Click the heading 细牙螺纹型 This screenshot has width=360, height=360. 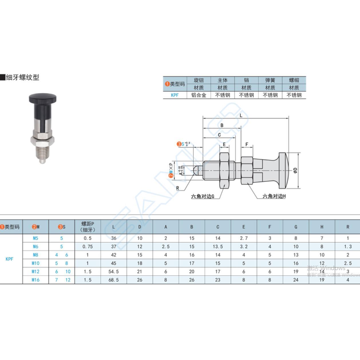(x=22, y=77)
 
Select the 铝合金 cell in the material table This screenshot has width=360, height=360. (x=199, y=95)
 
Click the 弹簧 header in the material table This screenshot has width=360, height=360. (x=270, y=80)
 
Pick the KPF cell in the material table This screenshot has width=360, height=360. (x=175, y=95)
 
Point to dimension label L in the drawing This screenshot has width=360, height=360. (x=241, y=115)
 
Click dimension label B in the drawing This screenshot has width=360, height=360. (x=222, y=125)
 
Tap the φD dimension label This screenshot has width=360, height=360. (x=296, y=170)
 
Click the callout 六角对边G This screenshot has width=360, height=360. (x=203, y=196)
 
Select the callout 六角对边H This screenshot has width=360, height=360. (x=274, y=196)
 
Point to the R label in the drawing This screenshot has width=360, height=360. (x=177, y=188)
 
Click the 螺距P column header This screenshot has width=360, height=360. (x=88, y=227)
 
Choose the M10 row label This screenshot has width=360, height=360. (x=35, y=263)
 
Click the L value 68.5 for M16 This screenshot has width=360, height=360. (x=114, y=280)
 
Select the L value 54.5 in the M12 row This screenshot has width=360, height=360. (x=114, y=272)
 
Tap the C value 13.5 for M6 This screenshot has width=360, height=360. (x=218, y=246)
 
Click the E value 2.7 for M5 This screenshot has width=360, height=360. (x=244, y=238)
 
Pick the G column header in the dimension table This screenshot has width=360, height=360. (x=296, y=227)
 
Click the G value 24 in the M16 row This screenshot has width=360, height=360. (x=296, y=280)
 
